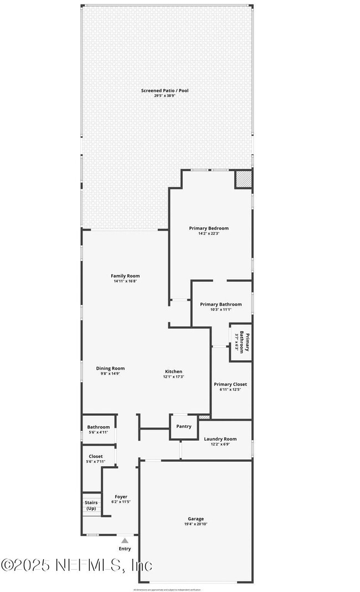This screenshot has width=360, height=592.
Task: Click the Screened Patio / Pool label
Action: pyautogui.click(x=164, y=90)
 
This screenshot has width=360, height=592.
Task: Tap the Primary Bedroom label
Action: pyautogui.click(x=209, y=228)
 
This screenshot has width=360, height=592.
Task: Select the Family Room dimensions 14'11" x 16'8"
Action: pyautogui.click(x=125, y=282)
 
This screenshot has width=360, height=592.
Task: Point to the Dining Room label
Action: pyautogui.click(x=110, y=368)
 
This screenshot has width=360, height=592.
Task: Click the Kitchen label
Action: pyautogui.click(x=173, y=371)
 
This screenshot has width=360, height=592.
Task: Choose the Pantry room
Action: pyautogui.click(x=184, y=426)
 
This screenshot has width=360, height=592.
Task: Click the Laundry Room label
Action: pyautogui.click(x=220, y=439)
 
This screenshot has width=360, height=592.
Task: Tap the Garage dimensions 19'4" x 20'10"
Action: pyautogui.click(x=196, y=524)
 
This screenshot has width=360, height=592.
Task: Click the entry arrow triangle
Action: pyautogui.click(x=125, y=540)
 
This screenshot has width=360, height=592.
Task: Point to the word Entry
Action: pyautogui.click(x=125, y=549)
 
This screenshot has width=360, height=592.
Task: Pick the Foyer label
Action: pyautogui.click(x=121, y=497)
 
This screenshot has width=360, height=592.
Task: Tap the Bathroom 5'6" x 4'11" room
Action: pyautogui.click(x=99, y=430)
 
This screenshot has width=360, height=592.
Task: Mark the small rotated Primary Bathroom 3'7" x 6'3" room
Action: pyautogui.click(x=241, y=343)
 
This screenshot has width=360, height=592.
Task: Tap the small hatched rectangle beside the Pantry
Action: pyautogui.click(x=204, y=416)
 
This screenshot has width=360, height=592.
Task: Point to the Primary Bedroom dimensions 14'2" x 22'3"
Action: pyautogui.click(x=209, y=234)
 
